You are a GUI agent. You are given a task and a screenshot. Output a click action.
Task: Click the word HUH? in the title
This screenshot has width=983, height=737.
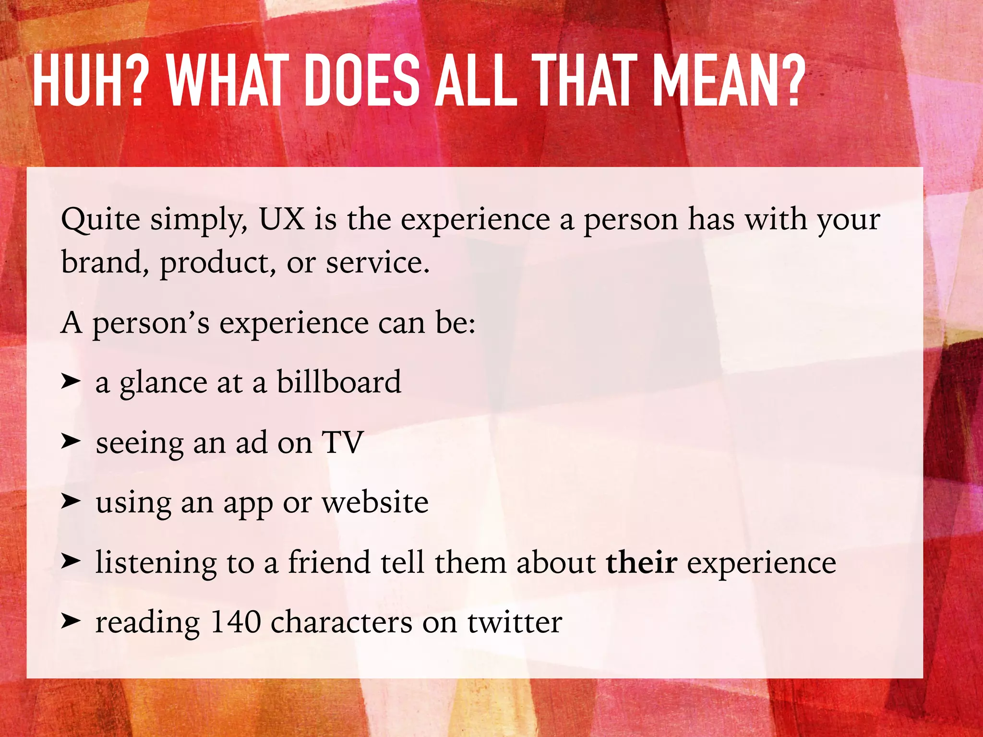tap(88, 81)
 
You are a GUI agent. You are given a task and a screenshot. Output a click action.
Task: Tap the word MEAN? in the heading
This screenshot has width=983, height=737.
tap(729, 81)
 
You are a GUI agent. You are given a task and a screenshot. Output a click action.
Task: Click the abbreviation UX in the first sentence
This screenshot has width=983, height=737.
tap(282, 219)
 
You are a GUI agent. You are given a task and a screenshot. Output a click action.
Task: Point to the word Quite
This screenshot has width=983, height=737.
tap(101, 220)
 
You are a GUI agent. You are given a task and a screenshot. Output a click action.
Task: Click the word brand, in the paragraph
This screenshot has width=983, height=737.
tap(105, 262)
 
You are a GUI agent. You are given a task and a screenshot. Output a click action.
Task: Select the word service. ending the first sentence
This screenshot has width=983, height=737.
tap(378, 263)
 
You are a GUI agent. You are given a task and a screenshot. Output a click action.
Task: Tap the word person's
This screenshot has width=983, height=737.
tap(151, 323)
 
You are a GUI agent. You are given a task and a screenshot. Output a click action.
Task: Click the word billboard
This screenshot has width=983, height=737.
tap(339, 382)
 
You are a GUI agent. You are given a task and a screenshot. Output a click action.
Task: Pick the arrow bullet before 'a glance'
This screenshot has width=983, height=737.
tap(71, 381)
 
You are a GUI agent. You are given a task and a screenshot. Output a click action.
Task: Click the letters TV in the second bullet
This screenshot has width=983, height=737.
tap(343, 442)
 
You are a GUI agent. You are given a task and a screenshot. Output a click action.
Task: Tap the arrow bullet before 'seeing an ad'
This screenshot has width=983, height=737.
tap(71, 441)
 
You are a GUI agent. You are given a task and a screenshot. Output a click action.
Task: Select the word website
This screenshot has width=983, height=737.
tap(375, 502)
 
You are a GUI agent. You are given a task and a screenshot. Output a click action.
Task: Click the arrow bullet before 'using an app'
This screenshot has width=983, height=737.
tap(71, 501)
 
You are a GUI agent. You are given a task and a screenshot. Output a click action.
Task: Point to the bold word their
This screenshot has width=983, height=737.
tap(641, 562)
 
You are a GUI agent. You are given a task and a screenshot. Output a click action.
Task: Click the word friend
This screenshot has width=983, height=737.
tap(329, 562)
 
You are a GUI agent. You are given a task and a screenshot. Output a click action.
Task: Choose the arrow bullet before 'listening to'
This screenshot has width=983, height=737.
tap(71, 561)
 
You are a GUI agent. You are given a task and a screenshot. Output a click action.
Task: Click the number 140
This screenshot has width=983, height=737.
tap(236, 622)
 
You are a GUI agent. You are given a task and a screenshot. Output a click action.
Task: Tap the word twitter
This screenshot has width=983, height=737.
tap(515, 622)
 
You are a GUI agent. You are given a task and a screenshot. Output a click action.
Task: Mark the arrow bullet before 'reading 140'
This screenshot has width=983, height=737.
tap(71, 621)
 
